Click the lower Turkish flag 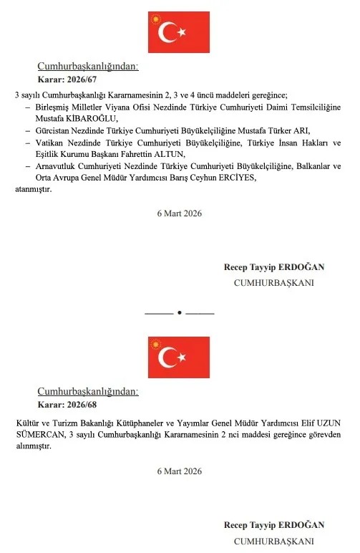[179, 357]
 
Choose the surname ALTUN [170, 154]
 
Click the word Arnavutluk [58, 166]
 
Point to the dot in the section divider [179, 313]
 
